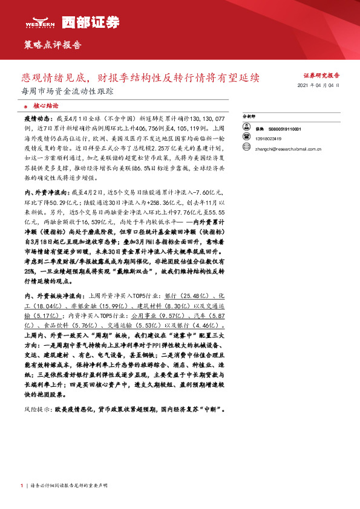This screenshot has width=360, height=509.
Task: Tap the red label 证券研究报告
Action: (321, 76)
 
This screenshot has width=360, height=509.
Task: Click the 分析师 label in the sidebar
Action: (249, 115)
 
